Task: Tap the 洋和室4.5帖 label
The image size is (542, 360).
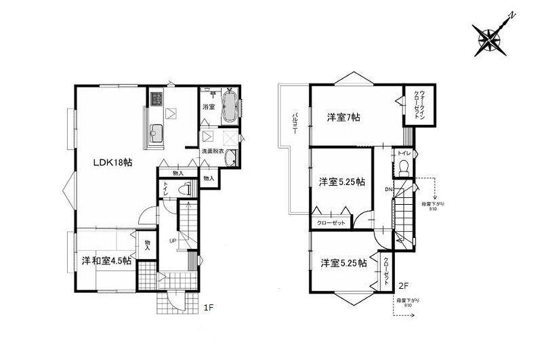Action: click(107, 260)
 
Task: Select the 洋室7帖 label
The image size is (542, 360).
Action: click(343, 117)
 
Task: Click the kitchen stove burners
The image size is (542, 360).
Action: click(156, 99)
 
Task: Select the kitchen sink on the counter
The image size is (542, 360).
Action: click(154, 132)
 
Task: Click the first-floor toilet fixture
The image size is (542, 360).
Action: click(183, 190)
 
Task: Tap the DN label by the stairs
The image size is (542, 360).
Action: click(389, 188)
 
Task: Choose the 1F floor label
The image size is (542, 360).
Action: click(209, 307)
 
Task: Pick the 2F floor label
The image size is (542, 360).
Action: click(402, 285)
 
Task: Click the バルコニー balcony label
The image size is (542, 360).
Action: click(295, 125)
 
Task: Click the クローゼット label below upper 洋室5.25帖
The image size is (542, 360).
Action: click(331, 224)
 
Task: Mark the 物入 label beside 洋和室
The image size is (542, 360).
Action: click(147, 243)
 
